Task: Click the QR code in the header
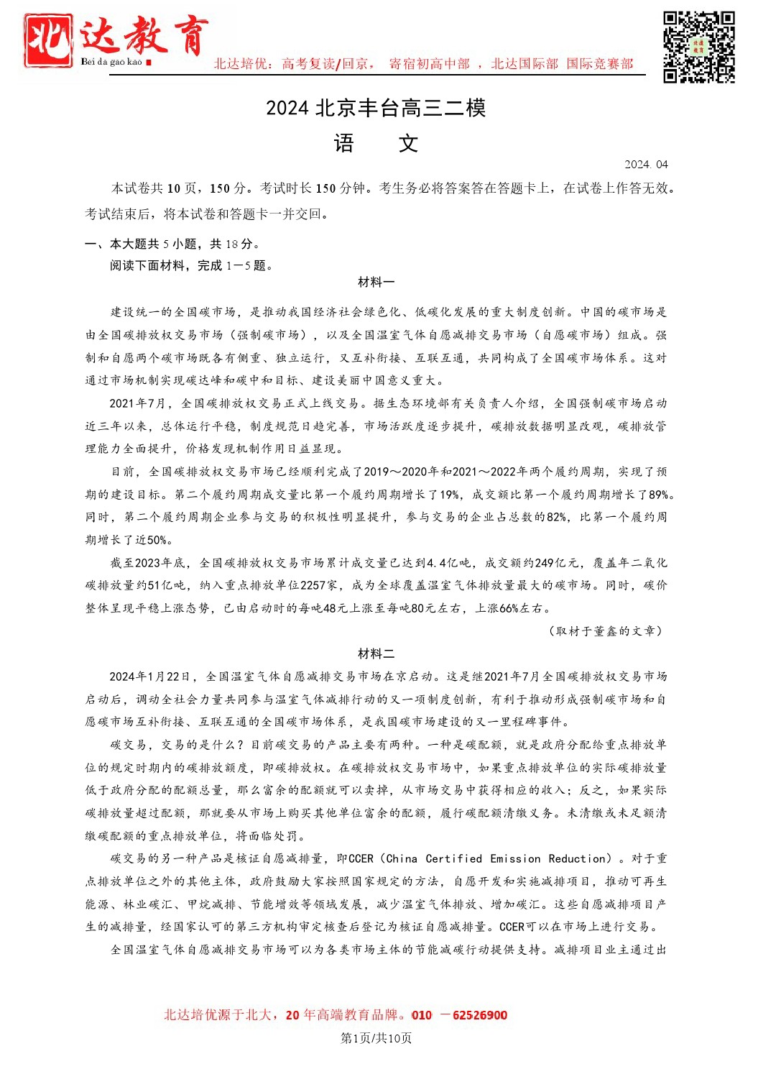coord(698,47)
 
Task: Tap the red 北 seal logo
coord(48,41)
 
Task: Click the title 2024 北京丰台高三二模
coord(376,108)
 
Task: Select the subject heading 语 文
coord(376,144)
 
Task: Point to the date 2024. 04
coord(646,164)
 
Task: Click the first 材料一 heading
coord(376,283)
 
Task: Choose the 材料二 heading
coord(376,653)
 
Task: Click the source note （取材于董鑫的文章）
coord(604,630)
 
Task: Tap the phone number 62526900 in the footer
coord(480,1015)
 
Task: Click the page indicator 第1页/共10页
coord(376,1038)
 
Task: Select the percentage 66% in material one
coord(509,608)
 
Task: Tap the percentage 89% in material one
coord(660,495)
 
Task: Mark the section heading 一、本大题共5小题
coord(172,244)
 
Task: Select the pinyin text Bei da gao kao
coord(111,62)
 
